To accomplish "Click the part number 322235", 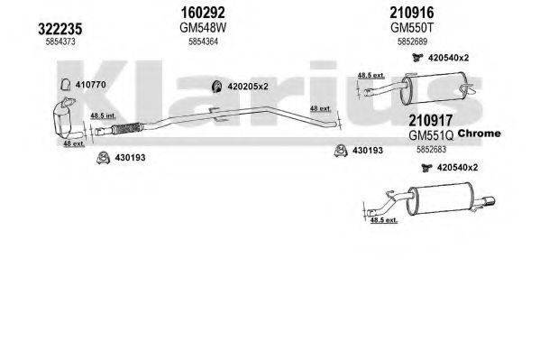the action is point(59,29).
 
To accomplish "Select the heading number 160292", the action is point(203,13).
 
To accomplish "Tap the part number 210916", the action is point(412,13).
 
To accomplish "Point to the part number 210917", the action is point(431,120).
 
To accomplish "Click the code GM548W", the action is point(203,28).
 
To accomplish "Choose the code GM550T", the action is point(412,28).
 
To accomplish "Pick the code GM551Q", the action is point(431,135).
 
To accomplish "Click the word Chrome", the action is point(479,134).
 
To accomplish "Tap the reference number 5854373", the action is point(60,42).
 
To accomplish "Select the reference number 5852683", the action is point(431,149).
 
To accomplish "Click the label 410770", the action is point(90,85).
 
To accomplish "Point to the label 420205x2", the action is point(248,87).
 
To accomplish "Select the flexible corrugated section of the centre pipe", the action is point(127,128).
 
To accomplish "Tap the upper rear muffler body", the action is point(434,88).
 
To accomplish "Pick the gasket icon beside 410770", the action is point(66,85).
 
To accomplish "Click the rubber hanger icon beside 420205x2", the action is point(217,87).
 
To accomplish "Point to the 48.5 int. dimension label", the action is point(103,115).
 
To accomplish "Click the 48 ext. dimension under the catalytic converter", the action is point(74,143).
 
